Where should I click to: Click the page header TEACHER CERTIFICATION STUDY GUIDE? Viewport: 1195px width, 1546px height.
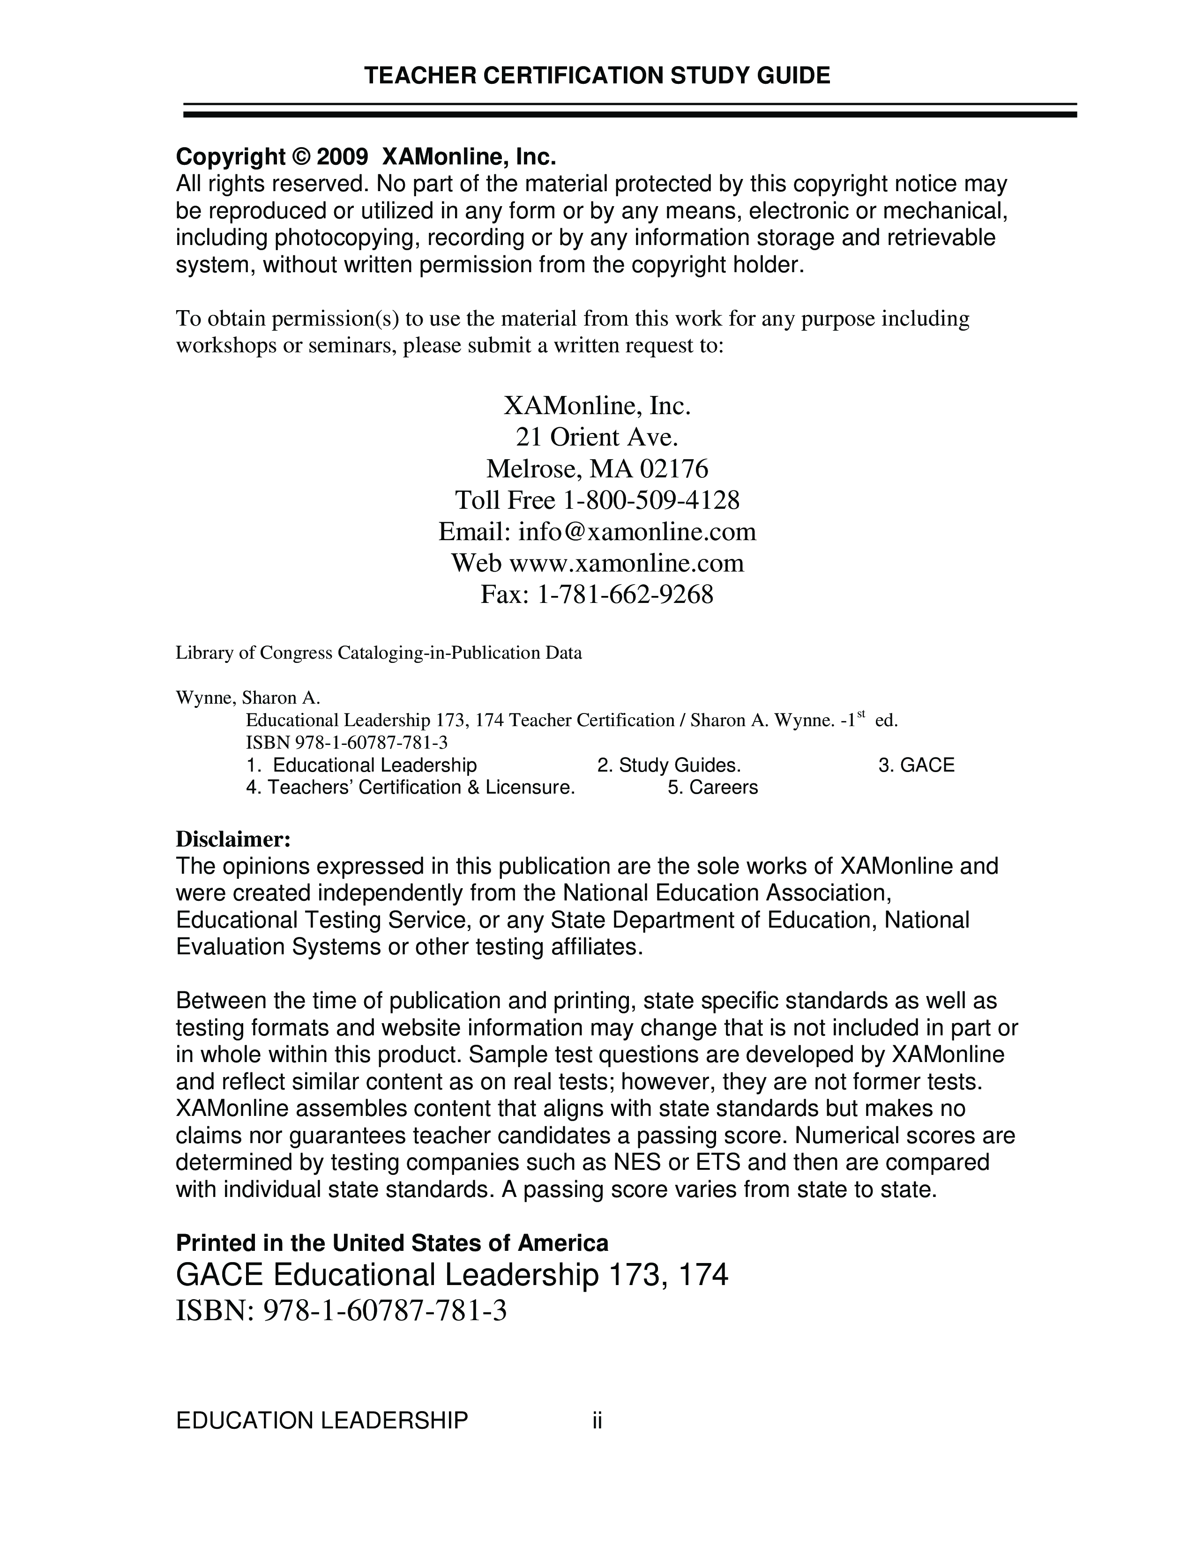point(597,76)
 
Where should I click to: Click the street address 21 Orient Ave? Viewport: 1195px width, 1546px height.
point(597,438)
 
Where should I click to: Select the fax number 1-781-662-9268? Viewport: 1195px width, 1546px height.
point(625,595)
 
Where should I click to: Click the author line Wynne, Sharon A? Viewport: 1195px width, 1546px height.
point(248,698)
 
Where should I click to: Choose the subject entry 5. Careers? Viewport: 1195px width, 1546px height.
point(712,788)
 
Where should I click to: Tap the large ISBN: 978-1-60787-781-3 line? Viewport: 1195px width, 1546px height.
point(341,1312)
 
